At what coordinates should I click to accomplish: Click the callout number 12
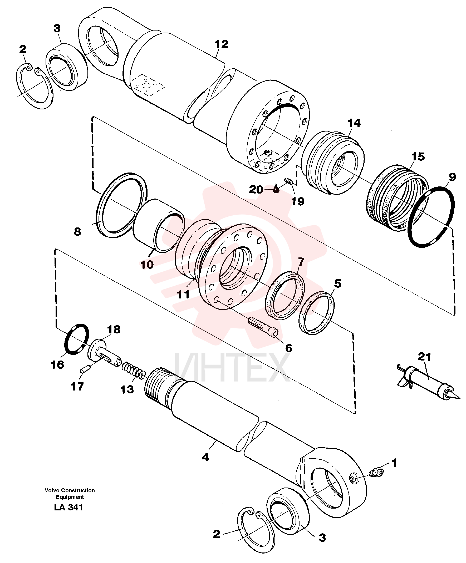coord(222,44)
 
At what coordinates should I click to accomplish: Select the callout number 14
coord(354,123)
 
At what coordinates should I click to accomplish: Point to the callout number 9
coord(452,177)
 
